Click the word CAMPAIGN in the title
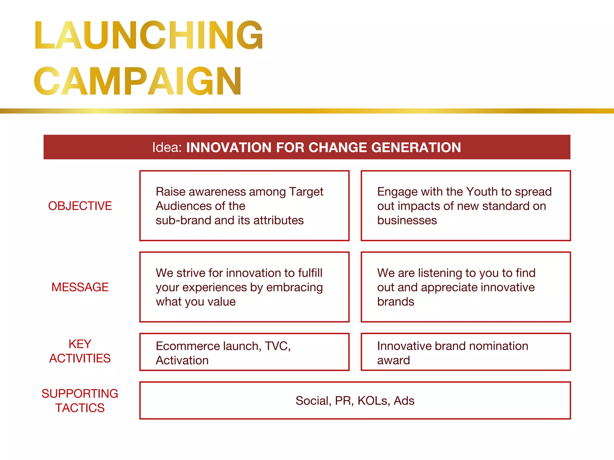click(x=138, y=81)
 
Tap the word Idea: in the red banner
click(x=167, y=147)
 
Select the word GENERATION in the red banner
click(x=416, y=147)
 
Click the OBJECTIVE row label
click(x=80, y=206)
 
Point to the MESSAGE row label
click(x=80, y=287)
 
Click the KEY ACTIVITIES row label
click(x=80, y=351)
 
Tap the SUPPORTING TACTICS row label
click(x=80, y=401)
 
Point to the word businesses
click(x=407, y=220)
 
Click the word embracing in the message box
click(x=294, y=287)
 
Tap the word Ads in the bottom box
click(x=404, y=401)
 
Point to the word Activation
click(x=182, y=361)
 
